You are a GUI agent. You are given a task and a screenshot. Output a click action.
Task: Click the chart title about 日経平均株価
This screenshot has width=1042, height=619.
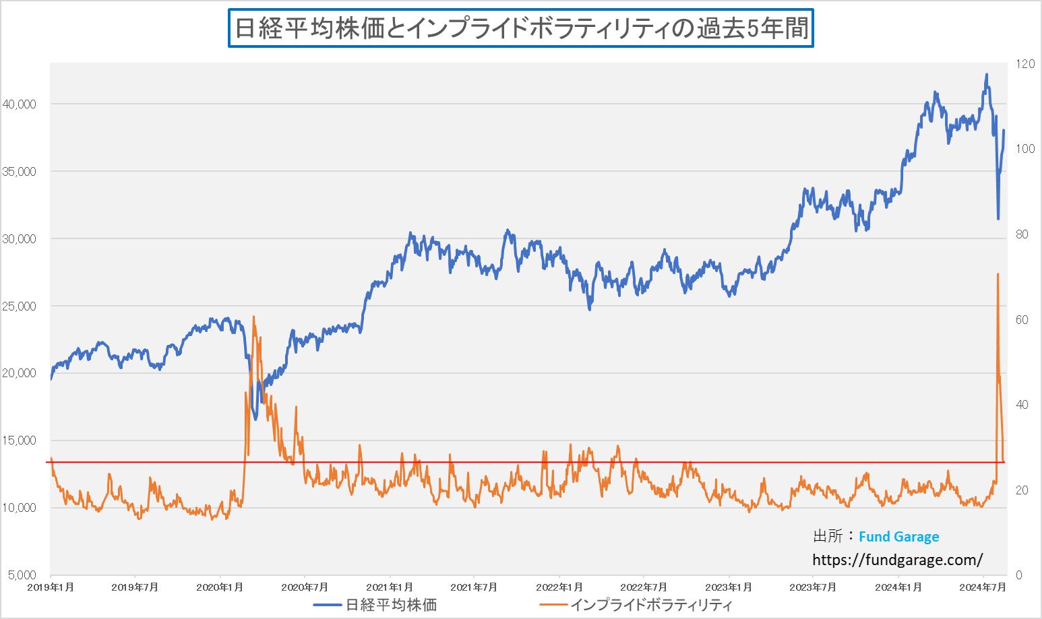(x=520, y=28)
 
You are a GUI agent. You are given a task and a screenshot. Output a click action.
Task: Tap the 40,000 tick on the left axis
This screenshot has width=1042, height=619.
(x=19, y=104)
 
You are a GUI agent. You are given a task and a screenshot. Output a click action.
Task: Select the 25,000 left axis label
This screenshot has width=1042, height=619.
(x=19, y=306)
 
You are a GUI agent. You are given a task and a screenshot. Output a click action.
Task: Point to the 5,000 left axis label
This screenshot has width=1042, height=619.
(x=22, y=575)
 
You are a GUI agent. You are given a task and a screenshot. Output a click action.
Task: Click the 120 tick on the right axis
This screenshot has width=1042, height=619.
(x=1025, y=64)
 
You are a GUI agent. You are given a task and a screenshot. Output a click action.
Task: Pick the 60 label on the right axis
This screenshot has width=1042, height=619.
(x=1022, y=320)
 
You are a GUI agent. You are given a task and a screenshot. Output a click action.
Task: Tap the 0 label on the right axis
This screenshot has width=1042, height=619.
(x=1018, y=575)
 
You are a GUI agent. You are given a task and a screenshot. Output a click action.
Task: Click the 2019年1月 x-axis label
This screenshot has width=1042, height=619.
(x=51, y=587)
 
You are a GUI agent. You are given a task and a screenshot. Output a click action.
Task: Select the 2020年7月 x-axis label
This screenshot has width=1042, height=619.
(x=305, y=587)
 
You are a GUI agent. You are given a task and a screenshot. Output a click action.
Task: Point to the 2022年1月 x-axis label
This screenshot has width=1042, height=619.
(x=559, y=587)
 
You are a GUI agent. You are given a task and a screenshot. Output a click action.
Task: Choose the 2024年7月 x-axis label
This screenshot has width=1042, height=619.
(x=983, y=587)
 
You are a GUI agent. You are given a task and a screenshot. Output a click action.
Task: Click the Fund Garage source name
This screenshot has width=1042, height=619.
(x=898, y=537)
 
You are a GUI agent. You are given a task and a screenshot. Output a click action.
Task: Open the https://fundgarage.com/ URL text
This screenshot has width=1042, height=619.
(x=897, y=560)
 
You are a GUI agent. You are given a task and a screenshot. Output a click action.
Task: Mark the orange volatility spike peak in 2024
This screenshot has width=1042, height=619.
(x=998, y=274)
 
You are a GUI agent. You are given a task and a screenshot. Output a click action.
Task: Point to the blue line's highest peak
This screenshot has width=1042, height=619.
(x=987, y=75)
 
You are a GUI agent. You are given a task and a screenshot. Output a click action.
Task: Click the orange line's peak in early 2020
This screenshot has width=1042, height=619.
(x=253, y=317)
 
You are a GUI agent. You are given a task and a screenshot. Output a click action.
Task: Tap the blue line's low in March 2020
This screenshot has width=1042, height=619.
(x=255, y=419)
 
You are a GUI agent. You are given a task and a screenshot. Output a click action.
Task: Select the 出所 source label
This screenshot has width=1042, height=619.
(x=828, y=536)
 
